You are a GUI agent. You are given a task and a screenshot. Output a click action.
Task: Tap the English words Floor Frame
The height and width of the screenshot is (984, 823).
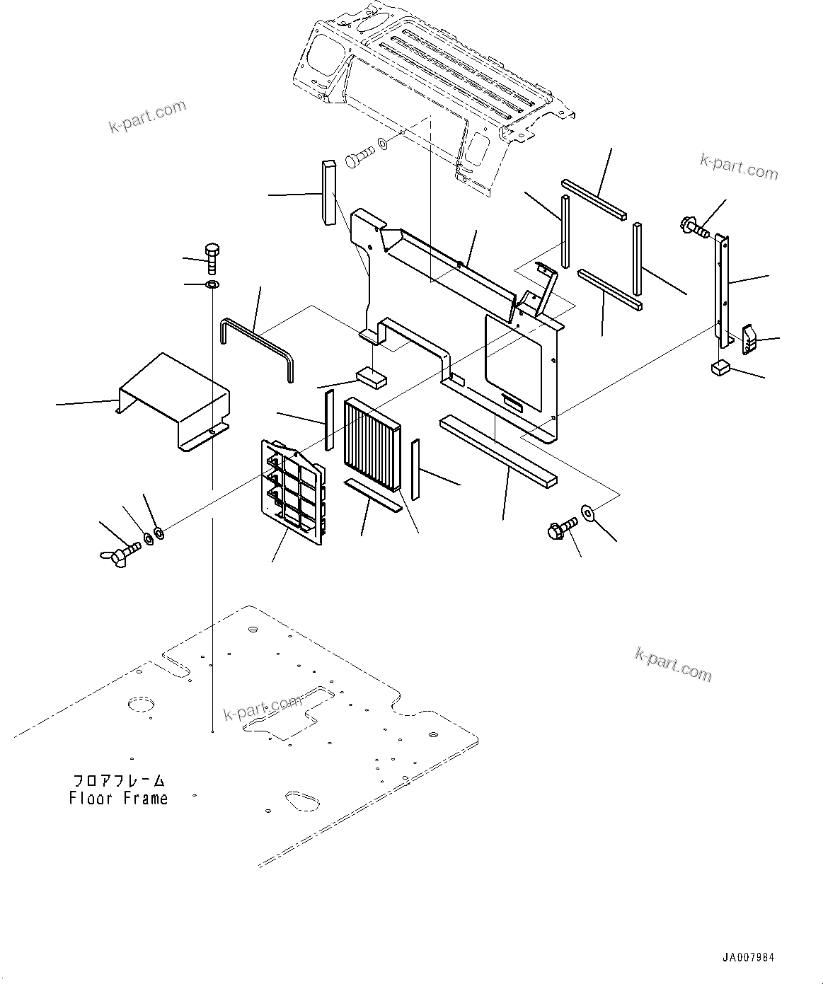coord(119,799)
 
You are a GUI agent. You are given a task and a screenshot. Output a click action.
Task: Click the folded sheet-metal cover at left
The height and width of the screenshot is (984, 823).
coord(175,399)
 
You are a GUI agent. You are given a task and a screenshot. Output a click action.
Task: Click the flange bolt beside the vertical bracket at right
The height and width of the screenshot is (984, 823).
coord(694,227)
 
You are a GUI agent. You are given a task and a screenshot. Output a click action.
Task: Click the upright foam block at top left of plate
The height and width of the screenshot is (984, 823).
coord(329,193)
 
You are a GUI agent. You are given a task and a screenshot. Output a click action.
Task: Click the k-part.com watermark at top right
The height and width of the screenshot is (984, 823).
coord(738,167)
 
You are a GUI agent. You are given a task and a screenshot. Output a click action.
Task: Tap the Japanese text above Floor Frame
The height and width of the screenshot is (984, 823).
coord(119,780)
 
